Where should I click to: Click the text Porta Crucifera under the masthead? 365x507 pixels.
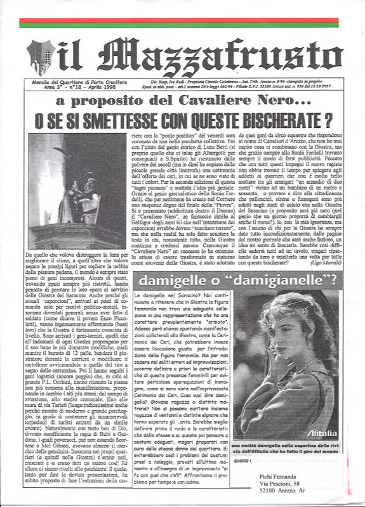tap(110, 82)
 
